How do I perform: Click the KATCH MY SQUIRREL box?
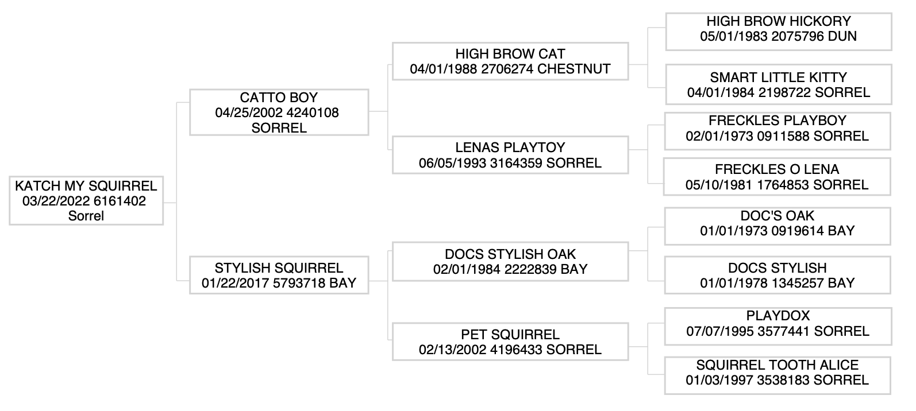point(86,201)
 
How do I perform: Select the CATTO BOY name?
point(279,98)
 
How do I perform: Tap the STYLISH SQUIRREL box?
point(279,276)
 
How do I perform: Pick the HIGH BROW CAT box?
point(510,61)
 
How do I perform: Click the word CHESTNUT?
point(575,69)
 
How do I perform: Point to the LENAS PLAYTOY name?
point(510,148)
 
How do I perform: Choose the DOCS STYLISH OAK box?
point(510,262)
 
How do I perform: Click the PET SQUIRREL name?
point(510,335)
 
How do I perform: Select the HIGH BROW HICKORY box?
point(779,29)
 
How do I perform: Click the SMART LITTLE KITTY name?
point(779,77)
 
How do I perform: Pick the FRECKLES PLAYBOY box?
point(778,129)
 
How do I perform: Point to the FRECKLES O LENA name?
point(777,169)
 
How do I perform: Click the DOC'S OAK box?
point(778,223)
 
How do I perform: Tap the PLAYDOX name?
point(778,316)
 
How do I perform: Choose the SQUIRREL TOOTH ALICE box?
point(778,373)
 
